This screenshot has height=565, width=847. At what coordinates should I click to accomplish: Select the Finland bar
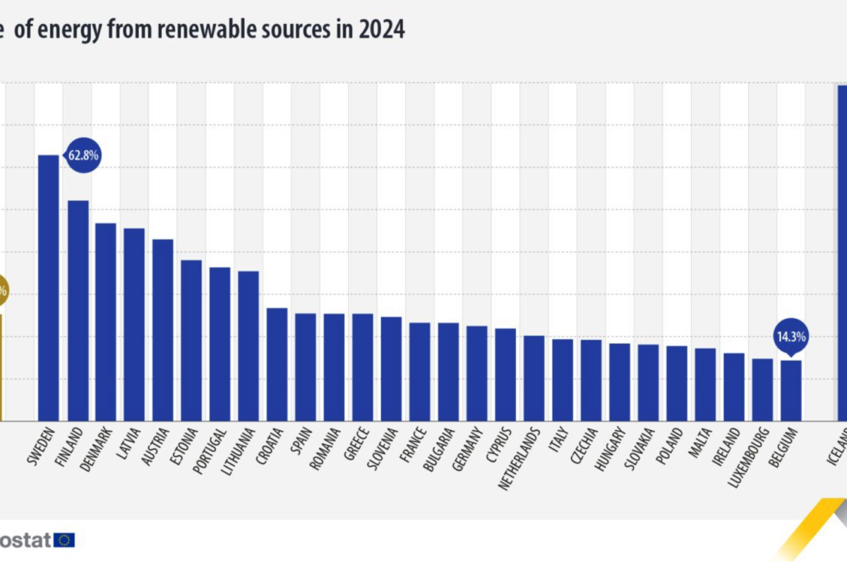click(x=78, y=311)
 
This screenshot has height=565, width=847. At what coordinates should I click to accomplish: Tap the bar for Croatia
click(x=277, y=364)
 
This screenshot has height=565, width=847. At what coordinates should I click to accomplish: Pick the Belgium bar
click(x=791, y=391)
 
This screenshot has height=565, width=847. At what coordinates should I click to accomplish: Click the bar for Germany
click(x=477, y=373)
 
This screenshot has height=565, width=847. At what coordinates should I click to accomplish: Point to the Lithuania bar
click(x=248, y=345)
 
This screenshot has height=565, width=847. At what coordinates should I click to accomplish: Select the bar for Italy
click(x=563, y=380)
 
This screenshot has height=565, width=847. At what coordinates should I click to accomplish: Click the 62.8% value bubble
click(x=83, y=155)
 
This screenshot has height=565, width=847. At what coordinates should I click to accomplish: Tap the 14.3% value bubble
click(x=791, y=336)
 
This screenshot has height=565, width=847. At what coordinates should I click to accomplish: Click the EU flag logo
click(x=65, y=540)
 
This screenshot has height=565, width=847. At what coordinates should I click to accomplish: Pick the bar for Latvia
click(x=134, y=324)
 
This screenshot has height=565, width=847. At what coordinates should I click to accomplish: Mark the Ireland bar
click(x=734, y=387)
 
